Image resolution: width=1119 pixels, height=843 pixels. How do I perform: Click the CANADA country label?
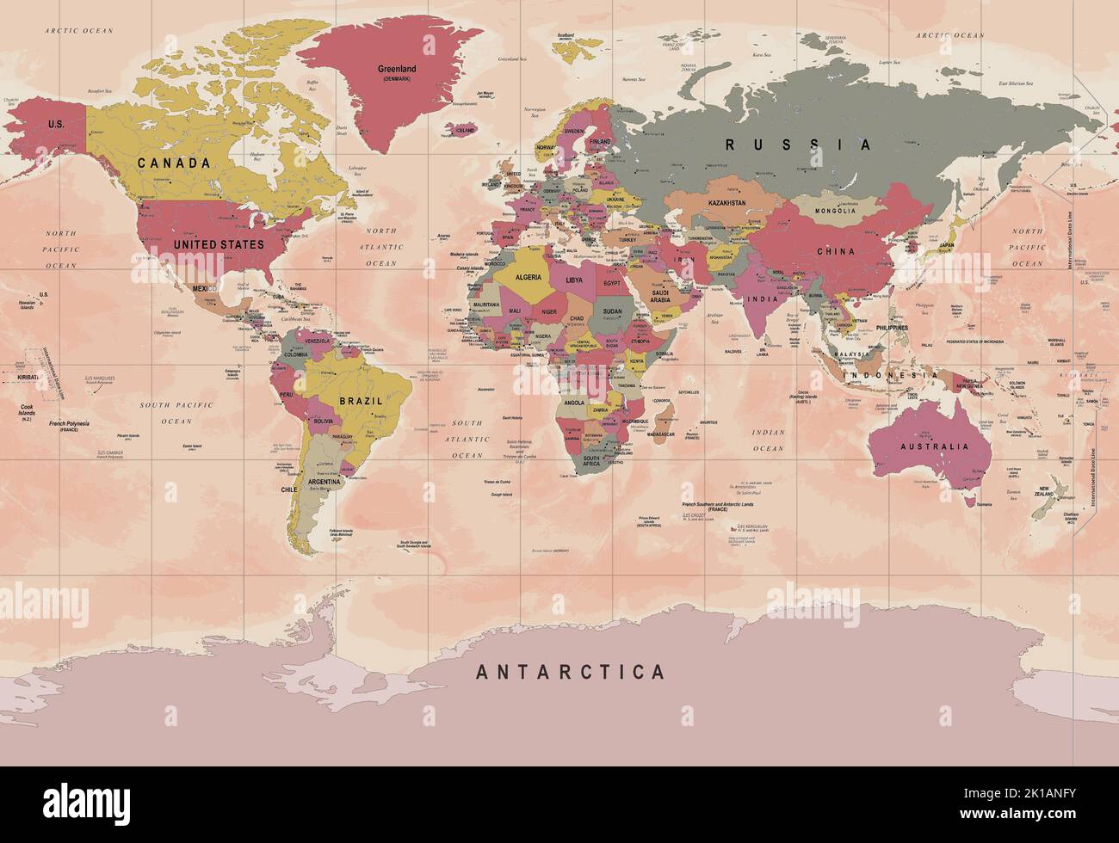[174, 163]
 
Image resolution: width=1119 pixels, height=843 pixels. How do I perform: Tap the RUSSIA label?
[798, 145]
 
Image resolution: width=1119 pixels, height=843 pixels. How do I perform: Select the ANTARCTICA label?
[571, 672]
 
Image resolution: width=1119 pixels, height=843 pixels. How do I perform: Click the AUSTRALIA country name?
[934, 446]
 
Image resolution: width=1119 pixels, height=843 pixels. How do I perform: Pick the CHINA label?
[836, 251]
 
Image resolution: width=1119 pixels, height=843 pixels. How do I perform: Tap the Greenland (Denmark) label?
[397, 73]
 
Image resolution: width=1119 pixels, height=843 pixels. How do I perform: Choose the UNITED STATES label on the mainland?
[219, 244]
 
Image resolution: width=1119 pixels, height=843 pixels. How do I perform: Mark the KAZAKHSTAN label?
[726, 203]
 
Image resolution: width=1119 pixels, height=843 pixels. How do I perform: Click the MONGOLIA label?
[835, 211]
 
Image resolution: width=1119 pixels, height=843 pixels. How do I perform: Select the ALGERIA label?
[528, 278]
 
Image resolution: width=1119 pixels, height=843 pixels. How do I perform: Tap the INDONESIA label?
[889, 376]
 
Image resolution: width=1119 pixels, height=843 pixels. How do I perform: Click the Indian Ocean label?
[768, 440]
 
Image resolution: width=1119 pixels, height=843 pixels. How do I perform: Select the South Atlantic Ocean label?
[468, 439]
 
